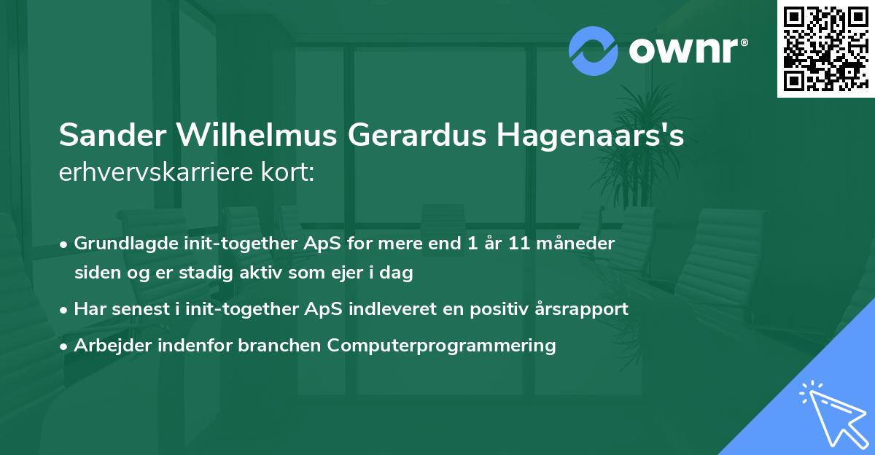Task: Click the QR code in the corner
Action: [825, 48]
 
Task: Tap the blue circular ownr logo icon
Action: [594, 51]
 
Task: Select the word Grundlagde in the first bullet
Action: [120, 243]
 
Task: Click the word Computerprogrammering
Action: [442, 346]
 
